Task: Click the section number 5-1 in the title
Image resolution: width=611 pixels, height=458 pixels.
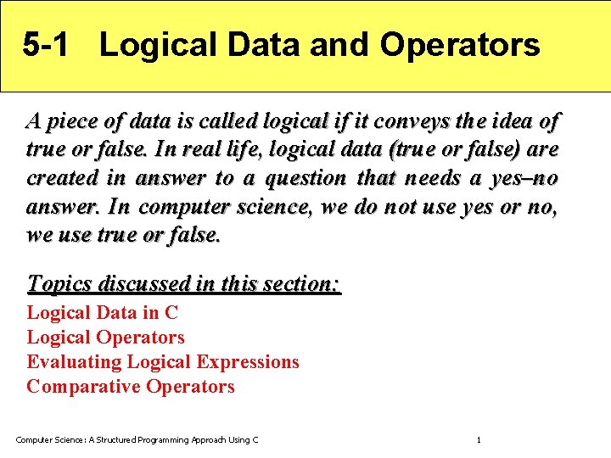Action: (48, 45)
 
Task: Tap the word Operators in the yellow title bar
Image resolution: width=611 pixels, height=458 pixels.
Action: (459, 45)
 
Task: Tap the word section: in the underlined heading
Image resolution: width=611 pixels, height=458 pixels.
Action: (302, 283)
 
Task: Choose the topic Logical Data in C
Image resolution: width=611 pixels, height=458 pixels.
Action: (102, 313)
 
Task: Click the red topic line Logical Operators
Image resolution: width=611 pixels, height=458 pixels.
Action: (105, 338)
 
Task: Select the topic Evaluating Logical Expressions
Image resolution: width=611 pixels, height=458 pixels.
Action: (163, 362)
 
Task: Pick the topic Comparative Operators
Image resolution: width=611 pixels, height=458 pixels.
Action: (131, 387)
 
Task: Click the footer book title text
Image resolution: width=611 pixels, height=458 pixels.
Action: (137, 439)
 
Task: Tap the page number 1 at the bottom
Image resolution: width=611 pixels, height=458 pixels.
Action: (479, 439)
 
